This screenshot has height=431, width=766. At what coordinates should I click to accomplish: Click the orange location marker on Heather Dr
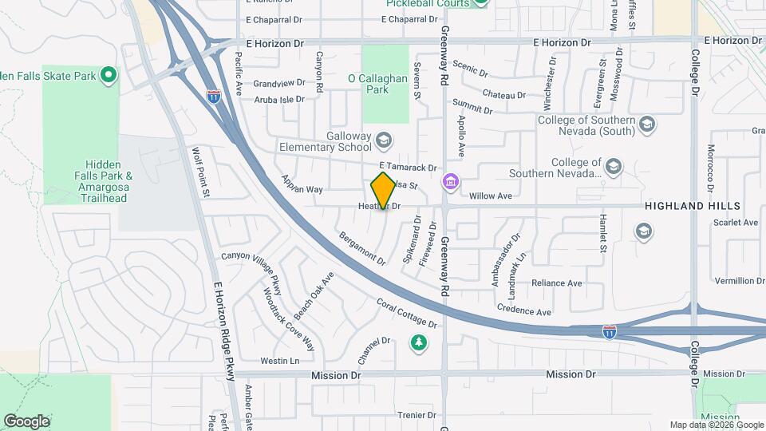pos(383,191)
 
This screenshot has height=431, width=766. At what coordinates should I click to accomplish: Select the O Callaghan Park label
pos(379,84)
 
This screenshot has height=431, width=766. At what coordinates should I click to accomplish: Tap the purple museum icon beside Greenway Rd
pos(451,183)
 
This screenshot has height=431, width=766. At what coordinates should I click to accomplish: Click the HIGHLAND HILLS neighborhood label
pos(693,206)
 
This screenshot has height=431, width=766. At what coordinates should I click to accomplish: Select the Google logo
pos(26,421)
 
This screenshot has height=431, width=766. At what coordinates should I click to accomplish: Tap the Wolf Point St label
pos(200,172)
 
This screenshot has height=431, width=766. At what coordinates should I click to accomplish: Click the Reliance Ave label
pos(557,283)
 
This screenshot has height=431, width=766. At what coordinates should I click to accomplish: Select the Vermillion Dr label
pos(740,281)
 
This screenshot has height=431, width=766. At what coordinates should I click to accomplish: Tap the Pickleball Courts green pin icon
pos(480,2)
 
